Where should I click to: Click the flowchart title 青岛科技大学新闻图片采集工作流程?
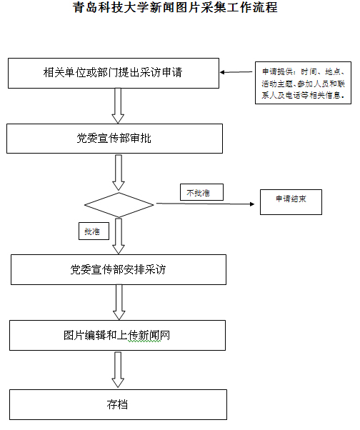pyautogui.click(x=175, y=7)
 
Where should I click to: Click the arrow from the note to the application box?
pyautogui.click(x=236, y=72)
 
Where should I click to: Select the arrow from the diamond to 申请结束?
pyautogui.click(x=206, y=204)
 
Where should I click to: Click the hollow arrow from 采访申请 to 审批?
pyautogui.click(x=118, y=106)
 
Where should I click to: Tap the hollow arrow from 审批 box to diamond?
pyautogui.click(x=119, y=172)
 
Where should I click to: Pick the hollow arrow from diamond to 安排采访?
pyautogui.click(x=119, y=236)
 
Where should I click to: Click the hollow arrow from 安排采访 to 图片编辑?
pyautogui.click(x=119, y=302)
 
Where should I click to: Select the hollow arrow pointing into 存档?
pyautogui.click(x=118, y=370)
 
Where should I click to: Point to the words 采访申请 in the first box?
pyautogui.click(x=161, y=72)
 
